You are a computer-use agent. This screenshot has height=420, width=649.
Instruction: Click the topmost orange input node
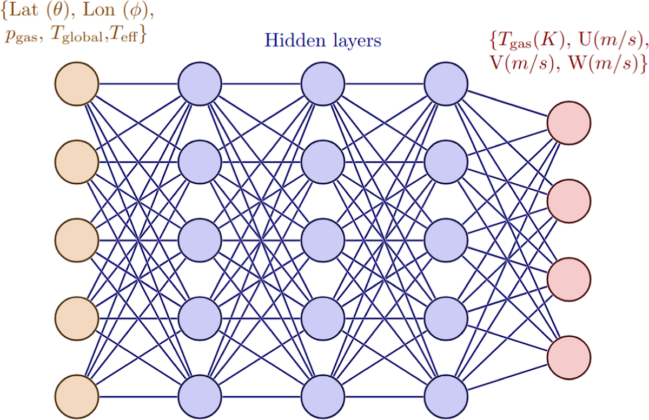77,84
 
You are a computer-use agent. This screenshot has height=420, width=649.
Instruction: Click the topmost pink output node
569,122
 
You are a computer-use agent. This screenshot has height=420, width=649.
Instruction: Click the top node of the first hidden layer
200,84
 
